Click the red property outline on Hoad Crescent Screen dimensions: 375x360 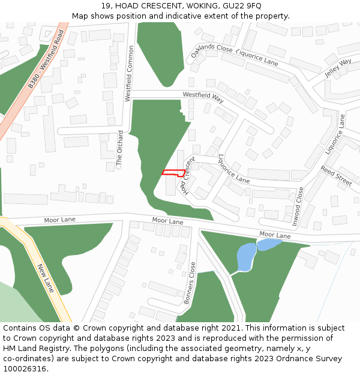pos(173,173)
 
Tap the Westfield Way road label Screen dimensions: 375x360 pos(203,97)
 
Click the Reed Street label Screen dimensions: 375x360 pos(336,177)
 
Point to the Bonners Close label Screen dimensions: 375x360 pos(190,283)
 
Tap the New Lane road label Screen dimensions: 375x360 pos(46,278)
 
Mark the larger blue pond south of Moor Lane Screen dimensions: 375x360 pos(247,257)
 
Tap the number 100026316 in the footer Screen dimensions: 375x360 pos(25,369)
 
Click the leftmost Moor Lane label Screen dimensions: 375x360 pos(60,220)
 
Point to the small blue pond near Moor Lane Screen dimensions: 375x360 pos(269,244)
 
